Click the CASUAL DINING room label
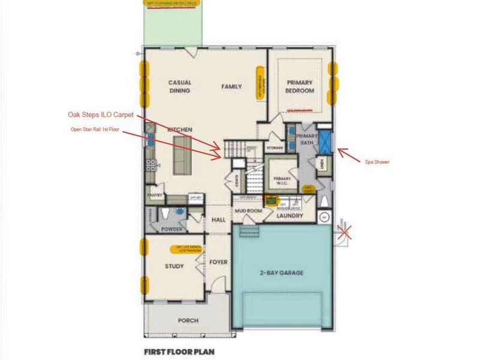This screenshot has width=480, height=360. (x=179, y=86)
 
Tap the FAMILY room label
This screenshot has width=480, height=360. (x=232, y=86)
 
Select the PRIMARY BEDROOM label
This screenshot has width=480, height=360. (x=301, y=86)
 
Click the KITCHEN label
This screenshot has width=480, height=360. (x=179, y=130)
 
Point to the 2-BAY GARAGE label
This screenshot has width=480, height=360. (x=281, y=273)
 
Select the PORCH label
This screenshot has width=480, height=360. (x=188, y=320)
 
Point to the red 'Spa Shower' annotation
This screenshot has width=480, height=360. (x=377, y=161)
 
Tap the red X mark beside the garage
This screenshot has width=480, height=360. (x=345, y=230)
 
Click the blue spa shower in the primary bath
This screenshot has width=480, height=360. (x=325, y=140)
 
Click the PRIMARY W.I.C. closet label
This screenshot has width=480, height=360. (x=282, y=181)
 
